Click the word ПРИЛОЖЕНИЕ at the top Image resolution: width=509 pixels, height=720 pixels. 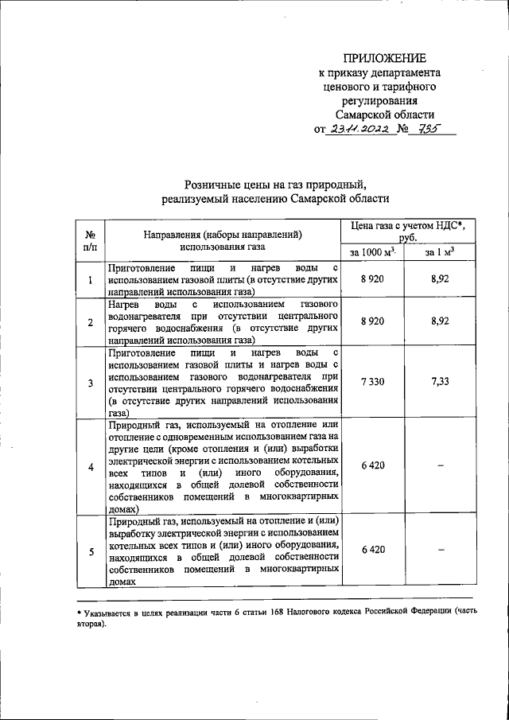[x=384, y=57]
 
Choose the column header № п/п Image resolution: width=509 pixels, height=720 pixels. [x=90, y=241]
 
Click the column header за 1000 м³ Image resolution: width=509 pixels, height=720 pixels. [x=372, y=252]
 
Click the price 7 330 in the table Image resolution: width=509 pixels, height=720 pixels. [x=372, y=382]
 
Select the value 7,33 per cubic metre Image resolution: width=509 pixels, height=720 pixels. [x=440, y=382]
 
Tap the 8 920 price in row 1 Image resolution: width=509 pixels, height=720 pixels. [x=372, y=280]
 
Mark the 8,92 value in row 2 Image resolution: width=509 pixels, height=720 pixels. [x=440, y=321]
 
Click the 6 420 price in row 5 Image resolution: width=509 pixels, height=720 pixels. [x=372, y=550]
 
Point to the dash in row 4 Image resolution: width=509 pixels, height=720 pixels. [x=440, y=465]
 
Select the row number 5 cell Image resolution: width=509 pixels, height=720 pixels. [x=90, y=551]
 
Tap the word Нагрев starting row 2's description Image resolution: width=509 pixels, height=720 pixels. [x=126, y=305]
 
